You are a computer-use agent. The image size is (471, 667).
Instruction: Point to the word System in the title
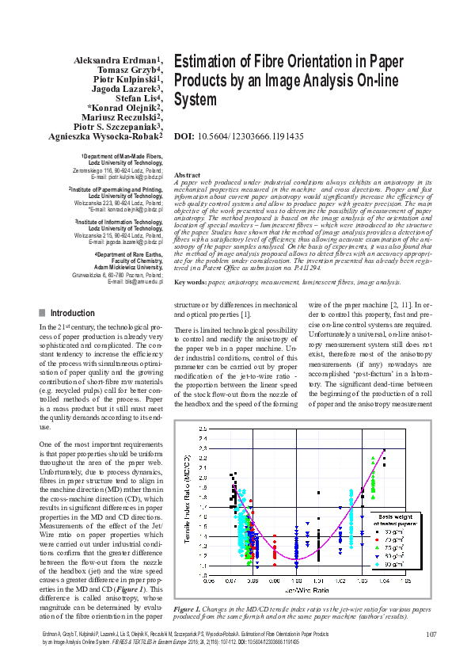coord(195,100)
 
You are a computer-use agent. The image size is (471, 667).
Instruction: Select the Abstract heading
coord(187,174)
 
